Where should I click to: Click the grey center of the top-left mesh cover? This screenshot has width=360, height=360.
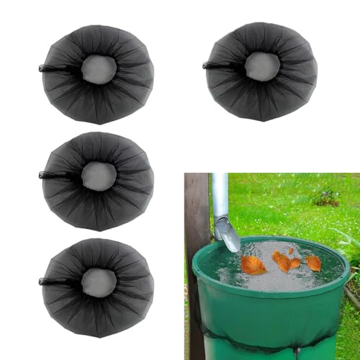[x=99, y=69]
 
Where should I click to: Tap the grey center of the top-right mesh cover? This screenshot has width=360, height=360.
[x=262, y=66]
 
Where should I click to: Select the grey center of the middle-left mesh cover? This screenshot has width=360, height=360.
[x=98, y=176]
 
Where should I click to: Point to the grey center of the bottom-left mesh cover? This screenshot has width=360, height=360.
[x=98, y=282]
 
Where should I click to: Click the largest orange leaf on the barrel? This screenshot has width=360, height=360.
[x=253, y=265]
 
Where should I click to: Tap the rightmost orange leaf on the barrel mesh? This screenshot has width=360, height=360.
[x=313, y=263]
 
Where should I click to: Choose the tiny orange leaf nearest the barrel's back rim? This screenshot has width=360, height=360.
[x=291, y=250]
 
